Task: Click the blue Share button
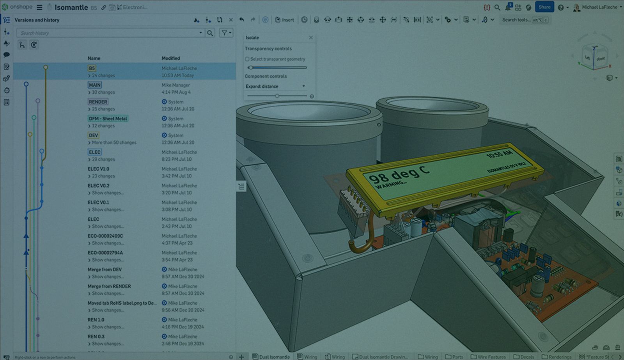click(544, 7)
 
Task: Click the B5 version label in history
click(92, 68)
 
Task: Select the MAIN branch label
click(95, 85)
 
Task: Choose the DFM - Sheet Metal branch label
click(108, 119)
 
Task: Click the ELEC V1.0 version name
click(98, 169)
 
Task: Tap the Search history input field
click(109, 33)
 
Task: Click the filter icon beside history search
click(226, 33)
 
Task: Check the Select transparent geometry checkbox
click(247, 59)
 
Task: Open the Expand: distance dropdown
click(275, 86)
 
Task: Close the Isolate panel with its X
click(311, 38)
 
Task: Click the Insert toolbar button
click(285, 20)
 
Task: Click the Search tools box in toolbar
click(516, 20)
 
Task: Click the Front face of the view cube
click(601, 59)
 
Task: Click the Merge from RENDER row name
click(109, 286)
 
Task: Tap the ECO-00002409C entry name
click(105, 236)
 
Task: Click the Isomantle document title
click(71, 7)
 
